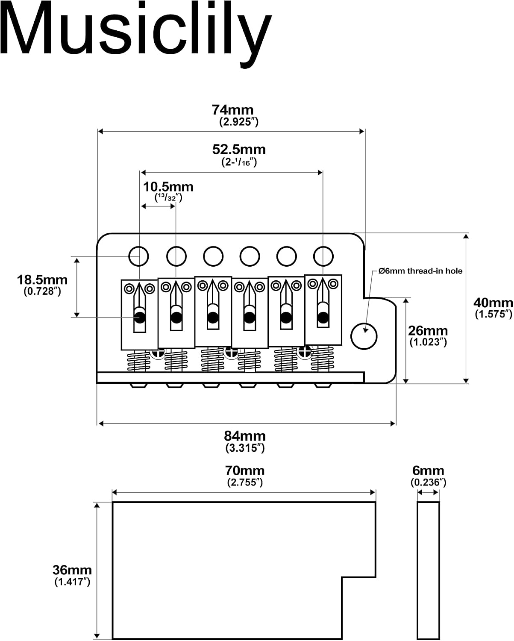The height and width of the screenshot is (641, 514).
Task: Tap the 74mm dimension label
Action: click(x=232, y=110)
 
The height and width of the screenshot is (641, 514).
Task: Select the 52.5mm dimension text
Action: click(x=239, y=150)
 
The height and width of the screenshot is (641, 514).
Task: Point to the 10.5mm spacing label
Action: click(x=168, y=187)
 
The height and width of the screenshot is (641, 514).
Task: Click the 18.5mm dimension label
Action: click(x=42, y=280)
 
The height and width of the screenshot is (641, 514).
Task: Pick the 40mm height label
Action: click(x=493, y=303)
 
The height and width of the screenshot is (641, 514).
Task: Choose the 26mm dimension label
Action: click(x=428, y=331)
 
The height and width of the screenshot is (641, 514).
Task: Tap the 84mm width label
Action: click(x=245, y=436)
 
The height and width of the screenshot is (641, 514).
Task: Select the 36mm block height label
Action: click(x=72, y=570)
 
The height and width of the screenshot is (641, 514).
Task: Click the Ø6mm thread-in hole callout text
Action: click(x=420, y=271)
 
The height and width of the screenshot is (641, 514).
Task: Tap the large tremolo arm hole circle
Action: click(x=364, y=336)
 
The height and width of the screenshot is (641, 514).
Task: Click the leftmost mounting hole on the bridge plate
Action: click(x=139, y=256)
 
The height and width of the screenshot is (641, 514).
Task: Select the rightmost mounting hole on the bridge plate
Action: click(x=323, y=256)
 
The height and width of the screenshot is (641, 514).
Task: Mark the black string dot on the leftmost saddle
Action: click(x=139, y=317)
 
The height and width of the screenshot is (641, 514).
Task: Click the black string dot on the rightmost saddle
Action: click(x=323, y=317)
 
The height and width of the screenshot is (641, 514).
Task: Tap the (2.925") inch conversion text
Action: click(x=239, y=122)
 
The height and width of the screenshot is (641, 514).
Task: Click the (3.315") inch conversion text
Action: click(x=245, y=448)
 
